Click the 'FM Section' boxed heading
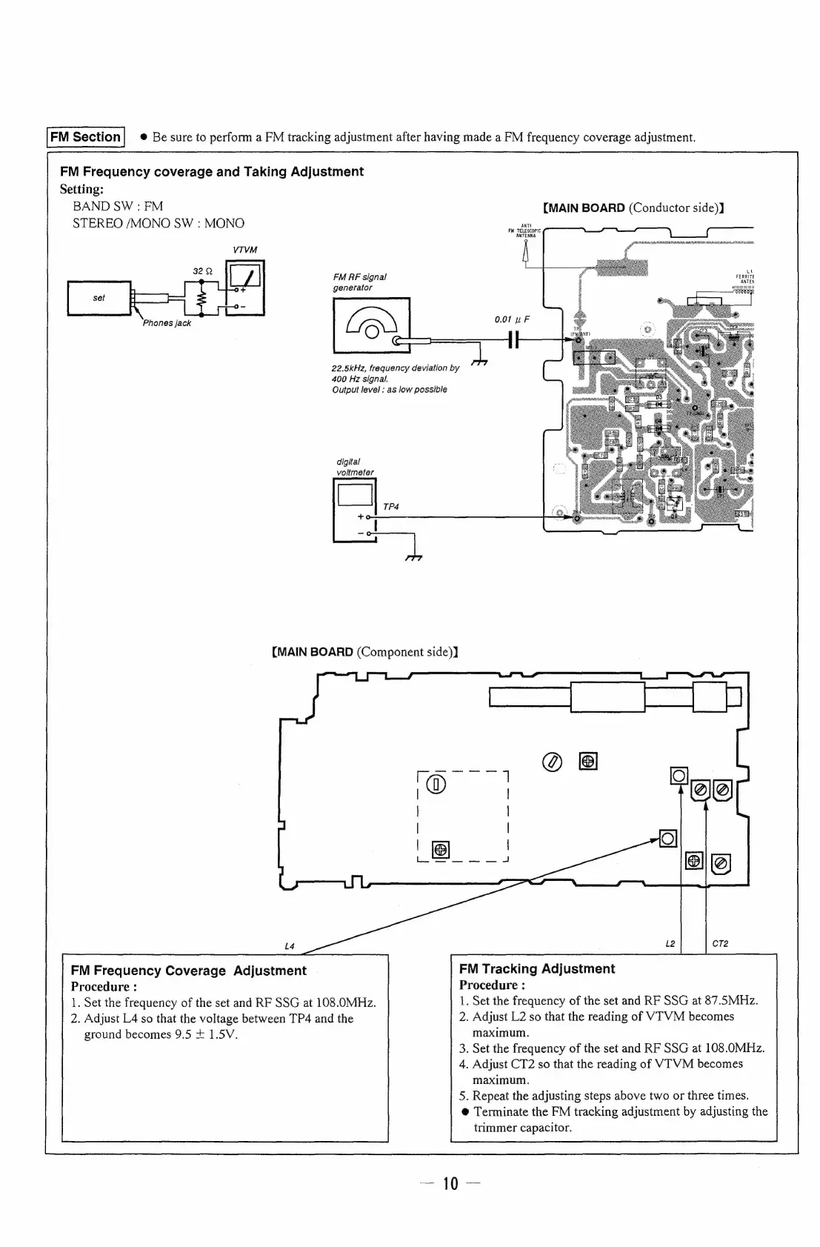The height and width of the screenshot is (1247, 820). click(x=86, y=137)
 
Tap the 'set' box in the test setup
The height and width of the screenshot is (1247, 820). click(x=99, y=298)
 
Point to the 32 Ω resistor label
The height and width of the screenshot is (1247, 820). click(x=203, y=271)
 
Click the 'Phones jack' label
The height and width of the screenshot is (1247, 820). click(x=167, y=323)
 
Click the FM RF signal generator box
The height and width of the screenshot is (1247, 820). click(x=371, y=325)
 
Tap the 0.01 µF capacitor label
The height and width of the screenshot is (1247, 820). click(x=512, y=320)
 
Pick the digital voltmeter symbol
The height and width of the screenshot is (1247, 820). click(x=356, y=511)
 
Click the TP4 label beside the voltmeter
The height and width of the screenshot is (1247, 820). click(x=391, y=507)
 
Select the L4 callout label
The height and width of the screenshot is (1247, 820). click(x=290, y=946)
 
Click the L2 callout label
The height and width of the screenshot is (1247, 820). click(x=670, y=943)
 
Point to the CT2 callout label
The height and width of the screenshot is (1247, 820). click(x=719, y=943)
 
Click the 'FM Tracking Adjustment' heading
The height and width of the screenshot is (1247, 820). click(x=536, y=969)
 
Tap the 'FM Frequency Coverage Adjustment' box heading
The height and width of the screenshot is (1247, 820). click(x=188, y=971)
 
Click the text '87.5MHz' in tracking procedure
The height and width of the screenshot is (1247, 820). click(x=730, y=1001)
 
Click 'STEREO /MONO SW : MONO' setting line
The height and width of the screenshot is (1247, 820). click(x=158, y=223)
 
